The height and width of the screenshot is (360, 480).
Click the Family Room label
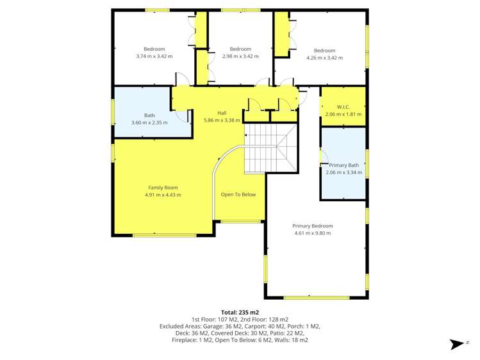coord(163,188)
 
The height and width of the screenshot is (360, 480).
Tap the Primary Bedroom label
coord(313,225)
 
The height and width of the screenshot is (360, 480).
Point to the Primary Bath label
coord(343,165)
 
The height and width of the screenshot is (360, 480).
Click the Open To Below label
coord(238,195)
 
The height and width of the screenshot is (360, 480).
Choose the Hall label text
coord(222,113)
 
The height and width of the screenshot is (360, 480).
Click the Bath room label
coord(149,115)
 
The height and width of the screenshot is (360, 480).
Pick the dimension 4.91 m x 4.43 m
coord(163,195)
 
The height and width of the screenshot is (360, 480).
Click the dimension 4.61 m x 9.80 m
coord(313,233)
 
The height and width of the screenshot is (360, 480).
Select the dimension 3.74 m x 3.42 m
coord(154,56)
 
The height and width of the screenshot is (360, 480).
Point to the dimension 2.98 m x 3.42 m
coord(240,56)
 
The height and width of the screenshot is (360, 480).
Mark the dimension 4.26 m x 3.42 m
coord(324,58)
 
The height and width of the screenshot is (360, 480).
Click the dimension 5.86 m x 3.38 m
coord(222,120)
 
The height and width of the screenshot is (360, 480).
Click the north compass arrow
coord(458,344)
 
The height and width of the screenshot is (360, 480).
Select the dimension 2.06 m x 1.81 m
coord(343,114)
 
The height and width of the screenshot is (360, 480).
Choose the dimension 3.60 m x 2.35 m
coord(149,122)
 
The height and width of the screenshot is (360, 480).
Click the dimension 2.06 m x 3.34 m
coord(343,172)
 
